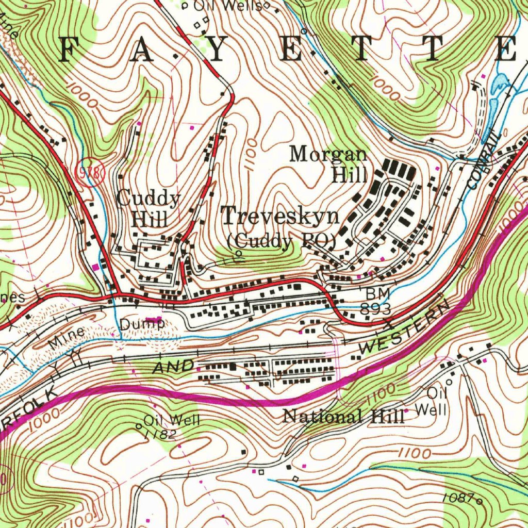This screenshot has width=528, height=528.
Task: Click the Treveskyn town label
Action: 280,216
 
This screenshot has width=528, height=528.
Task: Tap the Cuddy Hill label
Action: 148,208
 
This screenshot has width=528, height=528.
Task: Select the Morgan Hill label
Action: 330,164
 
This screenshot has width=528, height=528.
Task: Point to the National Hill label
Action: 344,416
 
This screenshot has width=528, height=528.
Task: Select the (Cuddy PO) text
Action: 282,241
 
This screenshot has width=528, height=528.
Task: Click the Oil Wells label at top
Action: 232,6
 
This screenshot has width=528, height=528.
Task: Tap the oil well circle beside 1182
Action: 138,426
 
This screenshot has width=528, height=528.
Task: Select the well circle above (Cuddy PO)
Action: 239,254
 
